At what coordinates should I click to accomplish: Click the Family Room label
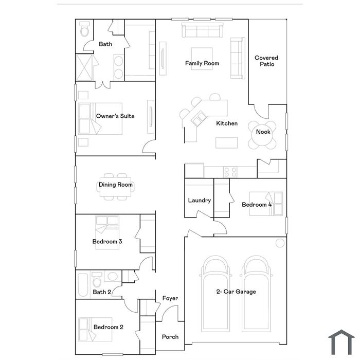point(202,63)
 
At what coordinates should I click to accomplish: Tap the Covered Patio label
point(266,61)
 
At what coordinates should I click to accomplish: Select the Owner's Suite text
point(115,116)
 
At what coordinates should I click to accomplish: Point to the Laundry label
point(200,200)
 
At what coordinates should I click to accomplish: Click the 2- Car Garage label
point(236,292)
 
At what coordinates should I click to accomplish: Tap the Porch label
point(170,337)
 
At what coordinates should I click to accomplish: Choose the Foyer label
point(170,298)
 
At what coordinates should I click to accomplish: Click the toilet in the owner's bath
point(84,29)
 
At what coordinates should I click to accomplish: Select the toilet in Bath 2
point(97,279)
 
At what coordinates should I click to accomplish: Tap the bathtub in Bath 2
point(83,285)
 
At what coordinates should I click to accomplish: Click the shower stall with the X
point(84,67)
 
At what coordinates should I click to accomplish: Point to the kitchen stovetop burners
point(230,172)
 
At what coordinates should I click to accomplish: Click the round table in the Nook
point(262,135)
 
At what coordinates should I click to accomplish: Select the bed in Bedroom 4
point(266,204)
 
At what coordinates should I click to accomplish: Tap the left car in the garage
point(215,294)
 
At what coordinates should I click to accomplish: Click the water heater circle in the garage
point(280,243)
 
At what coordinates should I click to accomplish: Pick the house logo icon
point(341,342)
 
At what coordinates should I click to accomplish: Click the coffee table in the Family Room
point(202,59)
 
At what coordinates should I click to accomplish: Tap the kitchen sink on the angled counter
point(199,118)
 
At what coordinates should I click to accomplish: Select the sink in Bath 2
point(113,277)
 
